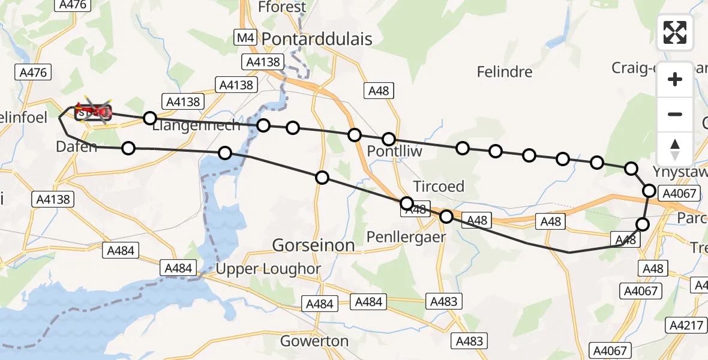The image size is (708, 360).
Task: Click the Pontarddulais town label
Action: point(309,40)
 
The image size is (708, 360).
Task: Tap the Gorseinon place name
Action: point(313,245)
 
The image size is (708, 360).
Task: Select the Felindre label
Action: point(504,72)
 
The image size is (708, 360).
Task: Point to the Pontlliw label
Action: point(395,151)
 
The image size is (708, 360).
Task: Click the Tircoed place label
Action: point(439,187)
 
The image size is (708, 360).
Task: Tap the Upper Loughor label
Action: point(268,269)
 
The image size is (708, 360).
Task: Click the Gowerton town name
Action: point(314,341)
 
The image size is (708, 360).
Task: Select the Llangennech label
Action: point(196,125)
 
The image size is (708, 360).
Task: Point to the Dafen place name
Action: point(76,146)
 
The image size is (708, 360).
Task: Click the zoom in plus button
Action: point(675,79)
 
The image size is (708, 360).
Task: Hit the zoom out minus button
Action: point(675,114)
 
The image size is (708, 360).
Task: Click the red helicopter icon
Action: point(93,112)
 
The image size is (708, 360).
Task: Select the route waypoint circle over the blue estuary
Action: point(225,153)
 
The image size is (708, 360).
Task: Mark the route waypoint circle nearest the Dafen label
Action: point(128,148)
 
